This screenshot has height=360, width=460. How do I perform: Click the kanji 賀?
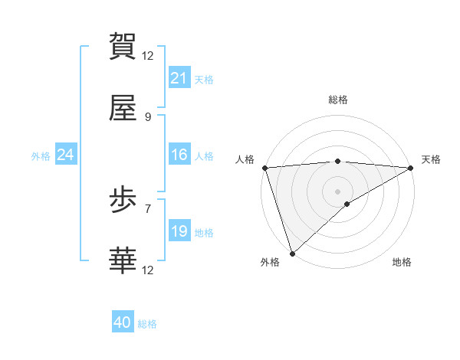[x=123, y=46]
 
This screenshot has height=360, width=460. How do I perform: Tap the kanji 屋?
[x=123, y=109]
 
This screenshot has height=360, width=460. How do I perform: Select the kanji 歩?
[x=123, y=201]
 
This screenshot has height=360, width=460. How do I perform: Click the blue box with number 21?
[x=179, y=78]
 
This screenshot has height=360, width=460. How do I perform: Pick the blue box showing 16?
[x=179, y=155]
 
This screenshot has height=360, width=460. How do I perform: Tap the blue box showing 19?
[x=179, y=231]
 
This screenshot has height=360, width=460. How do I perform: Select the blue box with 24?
[x=66, y=155]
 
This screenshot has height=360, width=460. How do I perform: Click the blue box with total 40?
[x=123, y=322]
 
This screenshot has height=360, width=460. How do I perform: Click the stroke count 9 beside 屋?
[x=148, y=116]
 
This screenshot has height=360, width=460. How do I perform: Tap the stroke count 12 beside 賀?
[x=148, y=55]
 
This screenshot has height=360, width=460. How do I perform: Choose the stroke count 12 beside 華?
[x=148, y=270]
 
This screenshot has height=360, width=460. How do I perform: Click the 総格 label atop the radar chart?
[x=338, y=100]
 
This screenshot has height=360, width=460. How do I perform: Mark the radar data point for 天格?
[x=411, y=168]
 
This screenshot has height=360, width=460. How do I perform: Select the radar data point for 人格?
[x=264, y=168]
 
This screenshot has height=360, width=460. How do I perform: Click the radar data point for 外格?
[x=292, y=253]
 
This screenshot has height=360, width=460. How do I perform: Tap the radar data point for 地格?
[x=347, y=204]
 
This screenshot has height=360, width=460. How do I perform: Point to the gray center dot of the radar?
[x=338, y=191]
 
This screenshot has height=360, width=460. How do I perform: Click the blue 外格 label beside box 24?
[x=41, y=155]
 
